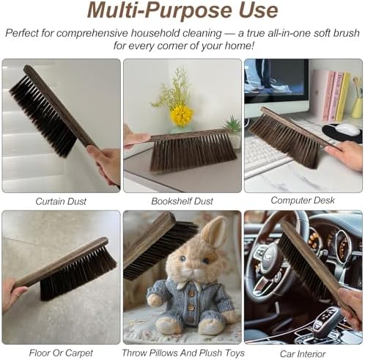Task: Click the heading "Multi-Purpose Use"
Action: [x=182, y=10]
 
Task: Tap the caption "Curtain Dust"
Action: [x=61, y=202]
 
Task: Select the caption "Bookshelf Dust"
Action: [x=182, y=202]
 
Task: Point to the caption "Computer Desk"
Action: [x=303, y=201]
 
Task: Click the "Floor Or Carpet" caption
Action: [x=61, y=353]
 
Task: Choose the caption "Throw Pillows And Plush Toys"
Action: [x=183, y=353]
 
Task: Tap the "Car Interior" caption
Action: [x=303, y=354]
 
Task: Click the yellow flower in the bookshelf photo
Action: [x=181, y=115]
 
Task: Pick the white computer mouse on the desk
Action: [x=347, y=129]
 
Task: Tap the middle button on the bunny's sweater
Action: [x=191, y=306]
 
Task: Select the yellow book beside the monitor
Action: [x=342, y=97]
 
